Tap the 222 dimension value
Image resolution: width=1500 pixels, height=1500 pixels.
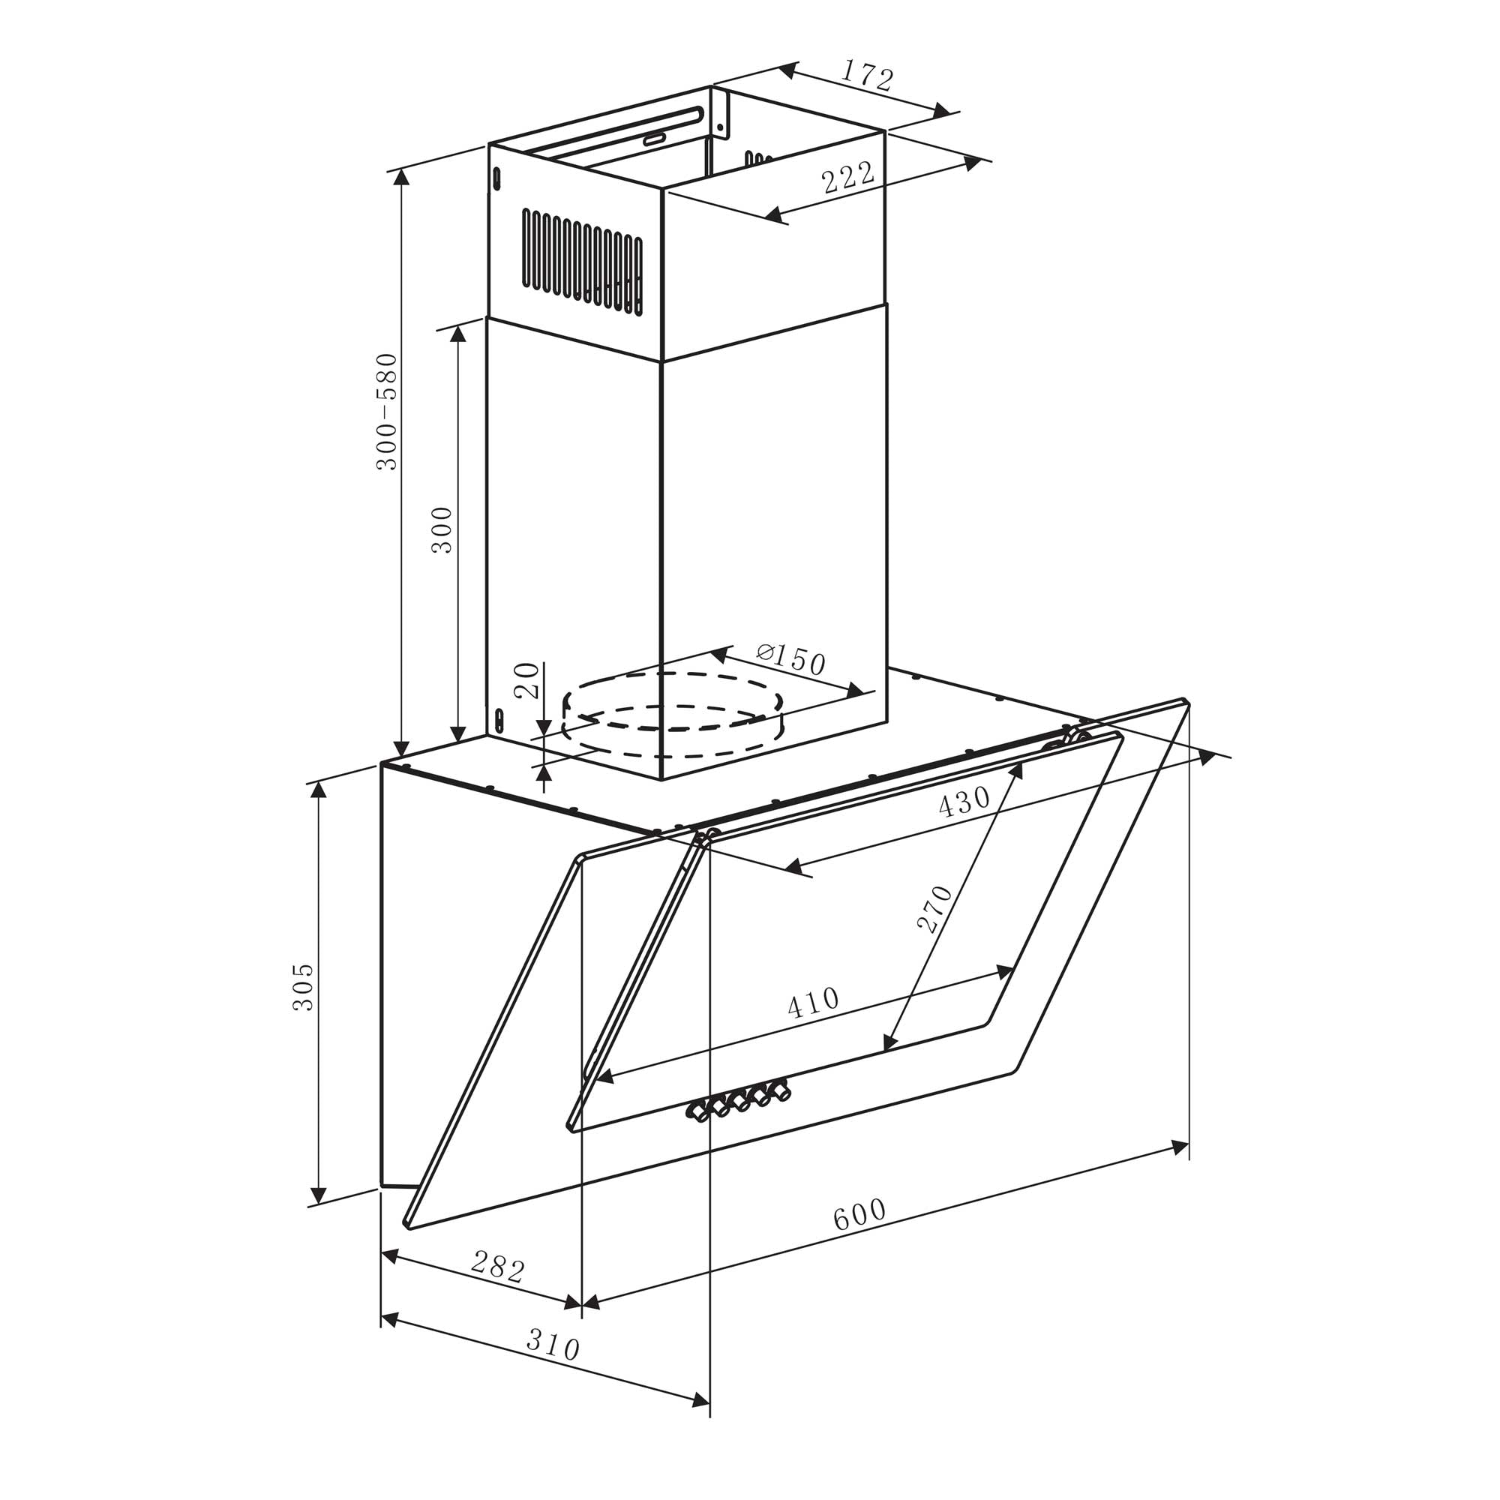click(847, 178)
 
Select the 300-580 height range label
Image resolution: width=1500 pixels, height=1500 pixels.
click(387, 412)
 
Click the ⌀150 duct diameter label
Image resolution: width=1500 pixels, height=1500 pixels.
click(789, 659)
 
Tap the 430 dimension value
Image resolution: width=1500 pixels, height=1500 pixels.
click(964, 801)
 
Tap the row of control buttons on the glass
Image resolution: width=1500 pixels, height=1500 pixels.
click(737, 1102)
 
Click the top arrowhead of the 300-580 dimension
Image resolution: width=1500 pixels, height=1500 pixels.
click(401, 178)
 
